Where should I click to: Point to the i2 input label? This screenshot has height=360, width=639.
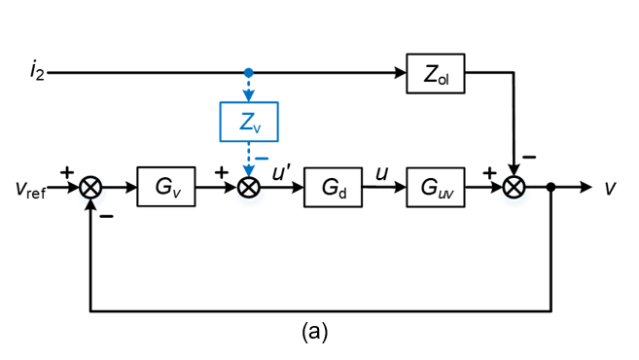click(x=37, y=73)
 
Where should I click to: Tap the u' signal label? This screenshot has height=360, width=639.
click(x=281, y=172)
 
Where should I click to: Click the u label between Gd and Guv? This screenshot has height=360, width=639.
click(x=383, y=172)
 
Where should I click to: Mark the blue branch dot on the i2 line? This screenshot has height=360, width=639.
click(x=249, y=73)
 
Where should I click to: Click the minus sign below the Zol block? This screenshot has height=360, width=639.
click(x=529, y=156)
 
